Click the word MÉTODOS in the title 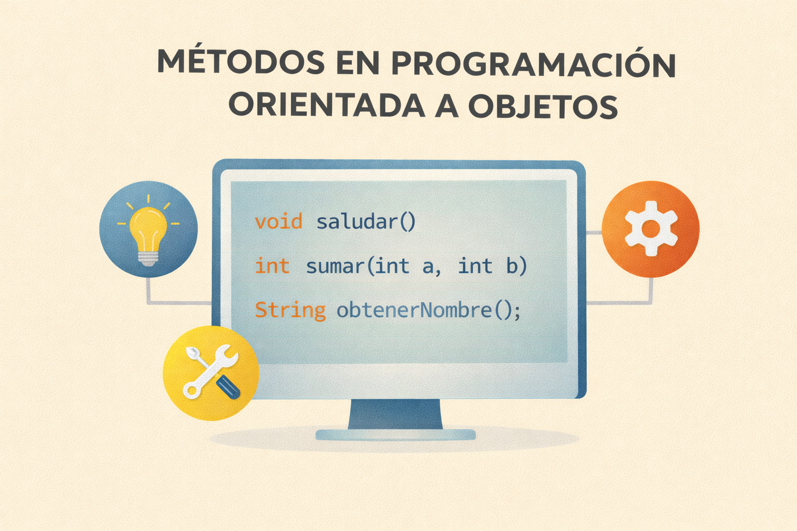[241, 62]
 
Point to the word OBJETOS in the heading [543, 106]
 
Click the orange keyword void [279, 222]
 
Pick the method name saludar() [366, 222]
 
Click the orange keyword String [290, 310]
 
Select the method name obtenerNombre [414, 310]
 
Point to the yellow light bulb [148, 231]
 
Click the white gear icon [651, 228]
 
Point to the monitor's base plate [395, 435]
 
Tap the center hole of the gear [651, 228]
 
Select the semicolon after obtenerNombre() [517, 311]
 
